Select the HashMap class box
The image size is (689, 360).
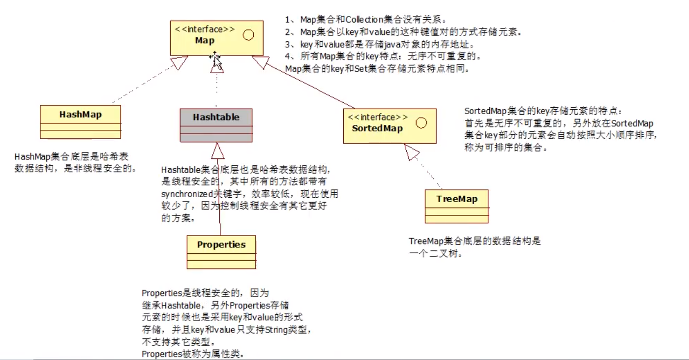80,121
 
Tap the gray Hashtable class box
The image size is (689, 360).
216,125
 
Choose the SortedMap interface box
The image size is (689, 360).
389,126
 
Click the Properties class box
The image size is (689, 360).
221,252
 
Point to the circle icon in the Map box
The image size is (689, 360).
248,35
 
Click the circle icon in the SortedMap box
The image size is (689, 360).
421,123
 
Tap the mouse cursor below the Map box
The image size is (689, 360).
215,60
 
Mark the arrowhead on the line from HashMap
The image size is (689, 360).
180,62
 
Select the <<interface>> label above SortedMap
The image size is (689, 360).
378,117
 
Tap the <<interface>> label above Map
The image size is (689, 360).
205,29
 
